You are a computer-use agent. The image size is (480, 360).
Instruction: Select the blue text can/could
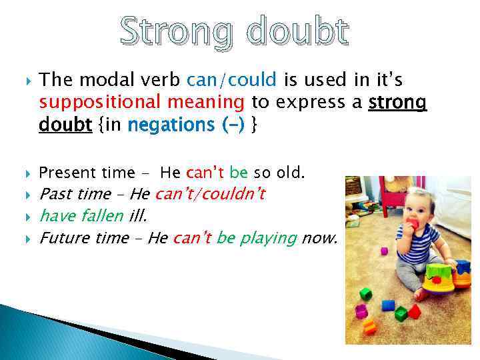(x=231, y=81)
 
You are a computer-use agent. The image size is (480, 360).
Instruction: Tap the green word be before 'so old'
(x=238, y=173)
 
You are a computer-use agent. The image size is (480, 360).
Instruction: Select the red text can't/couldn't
(x=210, y=194)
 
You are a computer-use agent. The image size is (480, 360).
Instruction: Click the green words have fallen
(x=81, y=215)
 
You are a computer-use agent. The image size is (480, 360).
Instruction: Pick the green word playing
(x=266, y=237)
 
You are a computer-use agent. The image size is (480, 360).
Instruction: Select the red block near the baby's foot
(x=414, y=311)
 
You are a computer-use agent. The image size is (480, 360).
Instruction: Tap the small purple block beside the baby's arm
(x=384, y=251)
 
